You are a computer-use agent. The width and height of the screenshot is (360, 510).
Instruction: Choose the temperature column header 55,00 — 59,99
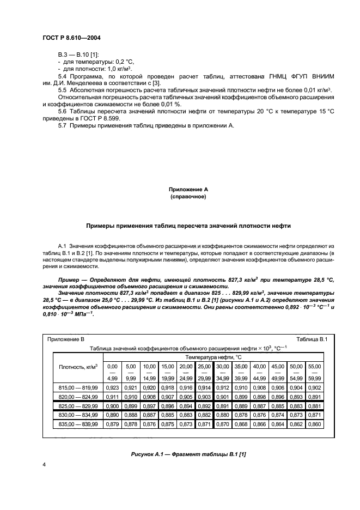coord(315,372)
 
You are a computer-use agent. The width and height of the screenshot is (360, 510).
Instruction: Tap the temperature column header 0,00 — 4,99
coord(113,372)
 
